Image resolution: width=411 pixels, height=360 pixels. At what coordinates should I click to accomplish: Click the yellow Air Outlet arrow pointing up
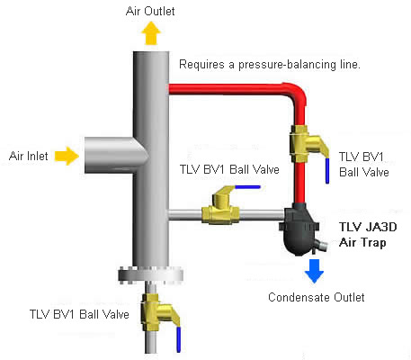point(151,33)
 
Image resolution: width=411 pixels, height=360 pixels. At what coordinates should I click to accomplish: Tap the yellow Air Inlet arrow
point(67,156)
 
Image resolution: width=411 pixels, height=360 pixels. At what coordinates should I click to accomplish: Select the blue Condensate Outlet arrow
point(314,271)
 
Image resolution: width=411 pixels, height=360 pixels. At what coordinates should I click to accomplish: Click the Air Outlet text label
point(150,11)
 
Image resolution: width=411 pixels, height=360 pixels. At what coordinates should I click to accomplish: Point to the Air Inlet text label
point(29,156)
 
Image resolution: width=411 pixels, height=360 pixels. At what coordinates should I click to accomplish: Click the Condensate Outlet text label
point(317,297)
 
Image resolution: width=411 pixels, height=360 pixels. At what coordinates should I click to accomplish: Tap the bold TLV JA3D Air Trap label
point(368,235)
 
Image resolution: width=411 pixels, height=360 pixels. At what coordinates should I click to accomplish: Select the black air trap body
point(299,229)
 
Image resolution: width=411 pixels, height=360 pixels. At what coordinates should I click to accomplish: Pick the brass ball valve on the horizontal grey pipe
point(221,207)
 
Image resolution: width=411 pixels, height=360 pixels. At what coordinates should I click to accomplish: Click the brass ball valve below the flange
point(159,312)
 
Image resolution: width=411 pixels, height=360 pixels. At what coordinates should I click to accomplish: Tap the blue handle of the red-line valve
point(327,171)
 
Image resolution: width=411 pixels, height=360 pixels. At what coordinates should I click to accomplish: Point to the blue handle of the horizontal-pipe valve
point(247,187)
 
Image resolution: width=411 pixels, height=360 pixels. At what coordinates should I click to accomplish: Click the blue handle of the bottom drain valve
point(179,339)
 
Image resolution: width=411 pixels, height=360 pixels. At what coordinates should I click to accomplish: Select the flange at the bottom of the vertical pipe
point(150,274)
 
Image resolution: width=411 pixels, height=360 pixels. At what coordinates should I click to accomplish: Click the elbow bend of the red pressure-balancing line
point(295,94)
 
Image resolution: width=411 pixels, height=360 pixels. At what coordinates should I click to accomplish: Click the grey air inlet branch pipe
point(115,156)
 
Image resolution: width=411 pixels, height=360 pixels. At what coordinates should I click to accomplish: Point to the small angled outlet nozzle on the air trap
point(320,245)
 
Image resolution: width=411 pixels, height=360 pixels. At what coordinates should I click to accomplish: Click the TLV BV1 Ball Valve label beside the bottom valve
point(79,314)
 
